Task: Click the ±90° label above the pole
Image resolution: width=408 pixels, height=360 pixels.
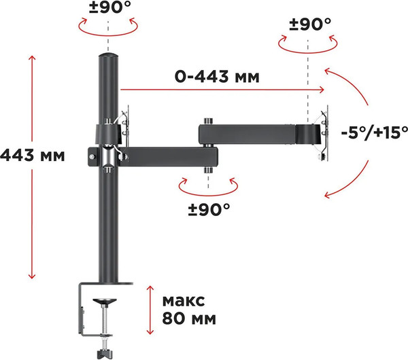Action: tap(110, 7)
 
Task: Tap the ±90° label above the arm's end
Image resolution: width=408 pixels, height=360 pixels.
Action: tap(310, 24)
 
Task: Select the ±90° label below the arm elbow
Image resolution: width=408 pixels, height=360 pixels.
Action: tap(209, 210)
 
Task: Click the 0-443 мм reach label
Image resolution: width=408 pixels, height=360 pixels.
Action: tap(217, 77)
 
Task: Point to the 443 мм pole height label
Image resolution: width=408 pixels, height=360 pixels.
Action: tap(32, 156)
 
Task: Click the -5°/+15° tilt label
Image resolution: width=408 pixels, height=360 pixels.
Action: tap(374, 132)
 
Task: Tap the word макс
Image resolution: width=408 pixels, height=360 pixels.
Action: tap(184, 301)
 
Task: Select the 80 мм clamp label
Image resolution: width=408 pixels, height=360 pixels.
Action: tap(189, 318)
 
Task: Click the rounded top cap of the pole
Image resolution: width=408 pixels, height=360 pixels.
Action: tap(109, 56)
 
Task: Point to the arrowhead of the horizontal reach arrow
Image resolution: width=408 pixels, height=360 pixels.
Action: tap(322, 90)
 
